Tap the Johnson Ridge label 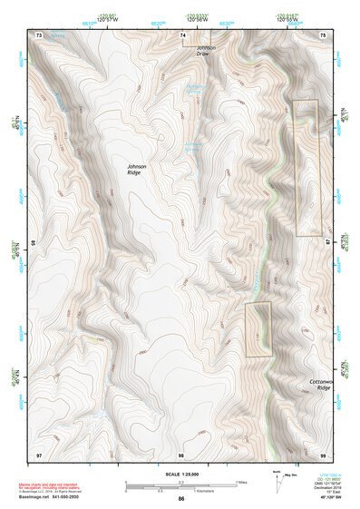pos(137,170)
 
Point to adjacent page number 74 pos(182,34)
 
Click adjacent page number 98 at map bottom pos(181,453)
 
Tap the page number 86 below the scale pos(181,499)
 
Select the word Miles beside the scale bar pos(239,481)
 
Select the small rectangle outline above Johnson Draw pos(196,38)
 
